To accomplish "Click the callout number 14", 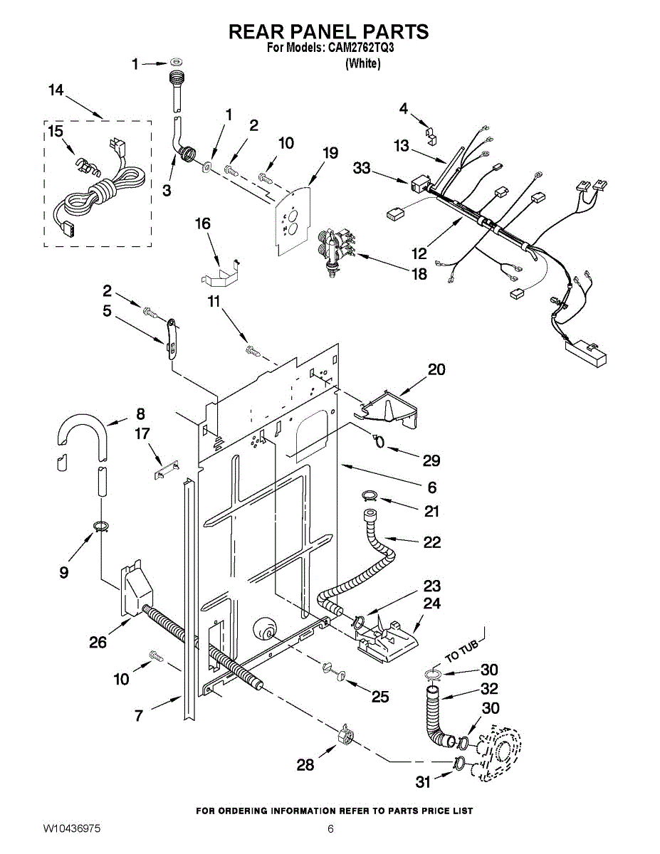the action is click(56, 90).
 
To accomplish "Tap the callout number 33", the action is click(362, 168).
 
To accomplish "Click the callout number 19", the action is click(330, 153).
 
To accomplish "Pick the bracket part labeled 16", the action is click(220, 273).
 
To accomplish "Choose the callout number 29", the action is click(431, 460).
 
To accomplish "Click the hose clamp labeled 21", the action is click(369, 496).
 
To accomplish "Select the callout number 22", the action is click(432, 542).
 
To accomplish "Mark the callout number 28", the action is click(305, 764).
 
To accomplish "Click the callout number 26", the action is click(98, 643).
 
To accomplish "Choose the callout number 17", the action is click(142, 434).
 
